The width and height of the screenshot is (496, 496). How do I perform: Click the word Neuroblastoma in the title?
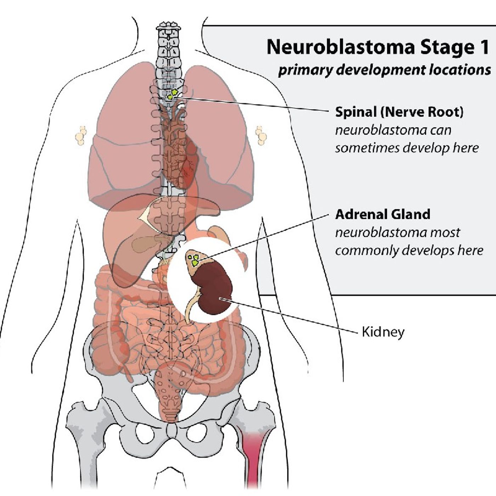pos(340,47)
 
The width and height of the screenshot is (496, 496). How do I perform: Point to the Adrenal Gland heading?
pos(383,214)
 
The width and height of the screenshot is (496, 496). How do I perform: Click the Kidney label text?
pos(383,332)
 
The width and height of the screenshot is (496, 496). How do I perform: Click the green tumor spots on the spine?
pos(173,94)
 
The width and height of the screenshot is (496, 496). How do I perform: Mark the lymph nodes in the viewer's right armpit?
pos(261,135)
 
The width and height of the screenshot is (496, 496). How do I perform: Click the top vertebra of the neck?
pos(168,26)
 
